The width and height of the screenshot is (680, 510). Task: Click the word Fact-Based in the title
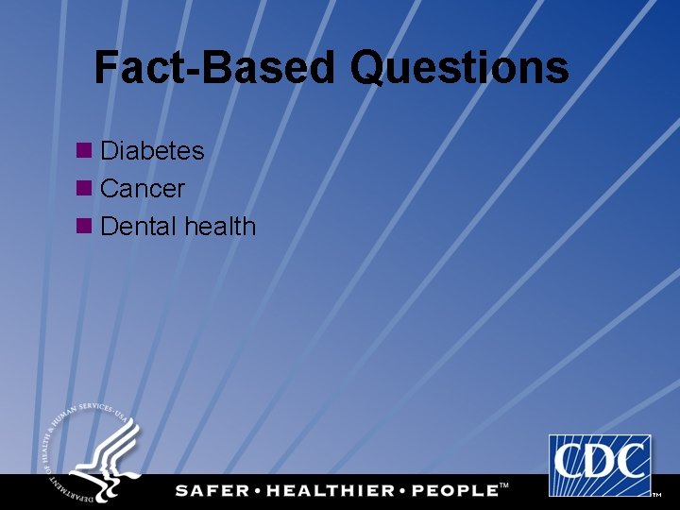tap(214, 68)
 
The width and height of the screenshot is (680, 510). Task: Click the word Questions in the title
tap(460, 68)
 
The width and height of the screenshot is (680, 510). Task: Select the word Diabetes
tap(152, 151)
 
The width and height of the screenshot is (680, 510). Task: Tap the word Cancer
tap(142, 189)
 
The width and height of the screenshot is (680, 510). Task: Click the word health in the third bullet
tap(220, 227)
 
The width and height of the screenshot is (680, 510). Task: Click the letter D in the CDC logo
tap(601, 463)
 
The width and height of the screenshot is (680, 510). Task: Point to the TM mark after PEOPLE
tap(503, 485)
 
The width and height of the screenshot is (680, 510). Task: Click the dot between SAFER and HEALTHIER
tap(259, 490)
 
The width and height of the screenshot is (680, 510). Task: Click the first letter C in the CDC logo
tap(570, 463)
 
